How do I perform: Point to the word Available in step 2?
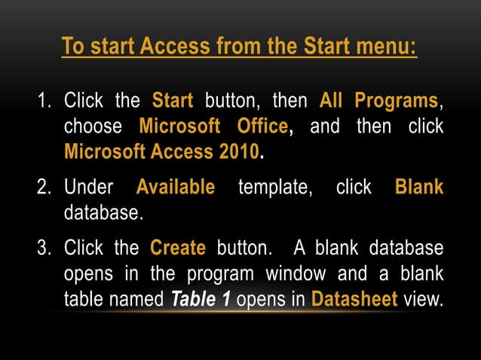tap(175, 186)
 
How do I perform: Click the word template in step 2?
tap(275, 186)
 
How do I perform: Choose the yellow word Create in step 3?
tap(178, 247)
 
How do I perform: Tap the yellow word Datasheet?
tap(354, 299)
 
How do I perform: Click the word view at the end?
tap(423, 299)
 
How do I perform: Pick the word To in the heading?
tap(72, 47)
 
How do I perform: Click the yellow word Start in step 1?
tap(173, 100)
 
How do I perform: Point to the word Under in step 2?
tap(88, 186)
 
